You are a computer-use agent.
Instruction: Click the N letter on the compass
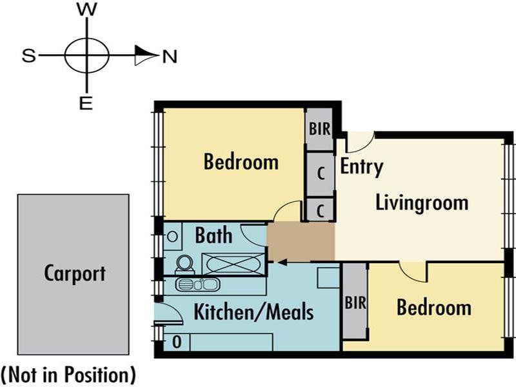[x=170, y=57]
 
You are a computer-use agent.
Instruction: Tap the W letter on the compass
[x=87, y=9]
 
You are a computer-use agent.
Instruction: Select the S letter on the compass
[x=28, y=55]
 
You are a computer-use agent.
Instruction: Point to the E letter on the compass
[x=86, y=104]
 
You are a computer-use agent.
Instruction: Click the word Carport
[x=75, y=273]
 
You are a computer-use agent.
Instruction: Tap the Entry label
[x=361, y=167]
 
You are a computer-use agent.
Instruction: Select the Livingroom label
[x=422, y=203]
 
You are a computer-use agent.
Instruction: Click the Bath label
[x=213, y=235]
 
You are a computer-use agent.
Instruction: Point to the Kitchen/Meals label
[x=253, y=312]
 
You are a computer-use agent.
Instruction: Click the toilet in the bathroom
[x=185, y=265]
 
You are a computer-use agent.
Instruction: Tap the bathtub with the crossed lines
[x=233, y=264]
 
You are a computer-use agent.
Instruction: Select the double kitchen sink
[x=197, y=284]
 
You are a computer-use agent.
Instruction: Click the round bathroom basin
[x=172, y=236]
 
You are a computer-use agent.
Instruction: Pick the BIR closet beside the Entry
[x=319, y=130]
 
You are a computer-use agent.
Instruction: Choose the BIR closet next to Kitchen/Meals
[x=355, y=301]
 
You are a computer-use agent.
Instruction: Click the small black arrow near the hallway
[x=283, y=263]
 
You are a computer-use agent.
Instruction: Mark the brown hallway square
[x=301, y=242]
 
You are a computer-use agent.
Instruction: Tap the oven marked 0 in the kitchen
[x=177, y=342]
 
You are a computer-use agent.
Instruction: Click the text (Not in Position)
[x=68, y=375]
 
